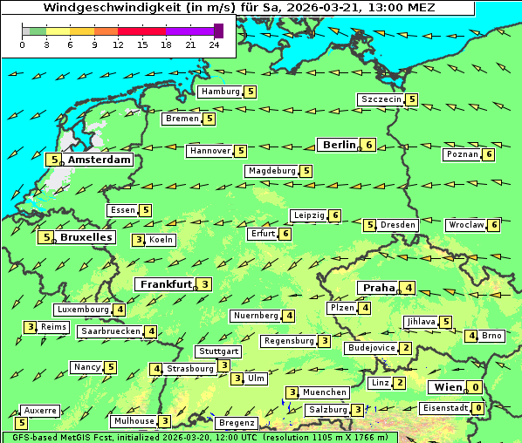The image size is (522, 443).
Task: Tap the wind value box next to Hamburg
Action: pyautogui.click(x=251, y=92)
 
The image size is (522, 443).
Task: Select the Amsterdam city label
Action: pyautogui.click(x=100, y=160)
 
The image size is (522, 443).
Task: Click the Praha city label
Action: pyautogui.click(x=378, y=288)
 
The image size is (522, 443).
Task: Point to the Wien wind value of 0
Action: pyautogui.click(x=475, y=387)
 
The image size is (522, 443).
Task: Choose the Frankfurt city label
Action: pyautogui.click(x=165, y=284)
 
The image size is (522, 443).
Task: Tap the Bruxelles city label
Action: pyautogui.click(x=86, y=236)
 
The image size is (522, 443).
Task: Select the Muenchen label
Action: pyautogui.click(x=325, y=392)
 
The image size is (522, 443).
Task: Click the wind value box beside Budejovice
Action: pyautogui.click(x=405, y=348)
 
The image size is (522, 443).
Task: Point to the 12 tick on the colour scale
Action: pyautogui.click(x=118, y=44)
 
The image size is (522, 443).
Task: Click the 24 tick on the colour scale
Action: pyautogui.click(x=215, y=44)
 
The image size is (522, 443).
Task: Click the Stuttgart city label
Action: pyautogui.click(x=217, y=351)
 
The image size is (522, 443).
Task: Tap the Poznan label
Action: pyautogui.click(x=462, y=154)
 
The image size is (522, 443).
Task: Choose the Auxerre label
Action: pyautogui.click(x=40, y=410)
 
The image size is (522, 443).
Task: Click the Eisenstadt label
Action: pyautogui.click(x=444, y=408)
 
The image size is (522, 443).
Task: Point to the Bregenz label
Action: pyautogui.click(x=237, y=423)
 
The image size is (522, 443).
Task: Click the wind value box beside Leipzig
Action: pyautogui.click(x=334, y=215)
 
